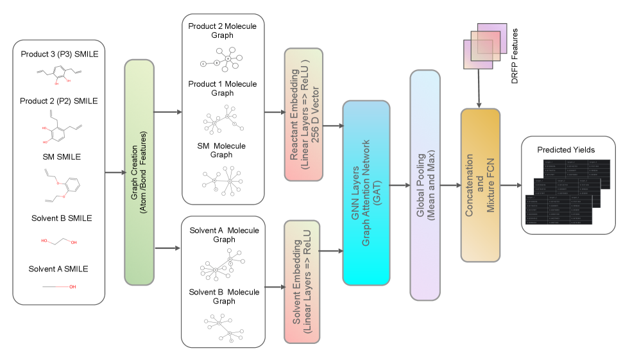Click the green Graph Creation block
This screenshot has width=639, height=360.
[139, 172]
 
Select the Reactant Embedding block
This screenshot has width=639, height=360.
[303, 113]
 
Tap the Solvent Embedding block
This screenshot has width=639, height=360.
[303, 280]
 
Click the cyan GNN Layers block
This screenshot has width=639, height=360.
[366, 193]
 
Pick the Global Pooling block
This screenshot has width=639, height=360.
[425, 185]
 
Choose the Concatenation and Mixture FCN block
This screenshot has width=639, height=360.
[480, 185]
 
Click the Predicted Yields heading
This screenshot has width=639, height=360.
[565, 150]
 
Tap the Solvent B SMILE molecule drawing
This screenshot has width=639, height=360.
[59, 241]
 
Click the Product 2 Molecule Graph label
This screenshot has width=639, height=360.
[223, 30]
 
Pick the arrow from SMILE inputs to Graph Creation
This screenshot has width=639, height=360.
[114, 173]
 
